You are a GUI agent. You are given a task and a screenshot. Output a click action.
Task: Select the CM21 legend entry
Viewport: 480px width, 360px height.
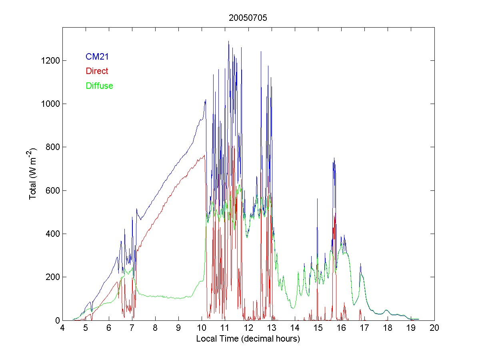(97, 57)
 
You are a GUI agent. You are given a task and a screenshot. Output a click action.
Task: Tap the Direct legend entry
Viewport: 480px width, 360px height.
(97, 71)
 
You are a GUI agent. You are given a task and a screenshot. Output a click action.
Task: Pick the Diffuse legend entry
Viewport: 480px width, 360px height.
(99, 86)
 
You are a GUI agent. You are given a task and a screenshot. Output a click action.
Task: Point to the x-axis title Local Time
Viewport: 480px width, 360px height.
(248, 339)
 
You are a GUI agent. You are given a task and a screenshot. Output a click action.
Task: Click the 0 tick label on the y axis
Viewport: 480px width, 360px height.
(58, 320)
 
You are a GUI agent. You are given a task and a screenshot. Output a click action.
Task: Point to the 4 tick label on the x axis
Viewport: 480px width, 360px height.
(62, 328)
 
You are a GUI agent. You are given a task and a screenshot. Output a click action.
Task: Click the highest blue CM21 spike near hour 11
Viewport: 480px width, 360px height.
(228, 41)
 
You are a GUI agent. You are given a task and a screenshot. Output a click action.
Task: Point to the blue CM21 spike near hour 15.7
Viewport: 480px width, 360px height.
(334, 158)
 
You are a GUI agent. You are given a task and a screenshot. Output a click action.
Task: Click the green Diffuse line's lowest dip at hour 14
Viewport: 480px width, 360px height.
(294, 308)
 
